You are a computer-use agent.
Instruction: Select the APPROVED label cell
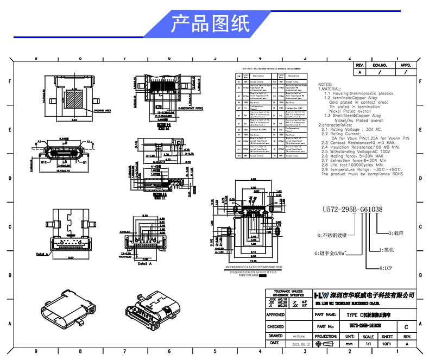[x=276, y=314]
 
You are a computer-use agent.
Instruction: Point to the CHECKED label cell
[x=276, y=326]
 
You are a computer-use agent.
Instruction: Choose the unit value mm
[x=349, y=344]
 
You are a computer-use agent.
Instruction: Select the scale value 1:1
[x=368, y=344]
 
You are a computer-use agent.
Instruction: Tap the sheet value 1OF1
[x=387, y=344]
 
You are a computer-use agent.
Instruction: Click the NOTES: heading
[x=325, y=85]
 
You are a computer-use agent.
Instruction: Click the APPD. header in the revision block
[x=406, y=65]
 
